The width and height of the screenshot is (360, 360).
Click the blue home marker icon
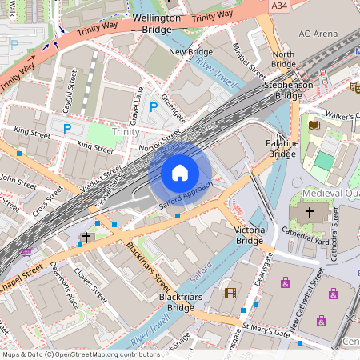tap(180, 173)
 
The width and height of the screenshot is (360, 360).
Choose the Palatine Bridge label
tap(282, 148)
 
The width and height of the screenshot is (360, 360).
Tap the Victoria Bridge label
tap(249, 235)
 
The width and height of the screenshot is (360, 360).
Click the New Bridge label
tap(190, 52)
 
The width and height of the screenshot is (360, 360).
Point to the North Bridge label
tap(283, 59)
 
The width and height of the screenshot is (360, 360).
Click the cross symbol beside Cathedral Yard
tap(310, 213)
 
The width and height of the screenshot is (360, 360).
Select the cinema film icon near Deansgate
tap(230, 294)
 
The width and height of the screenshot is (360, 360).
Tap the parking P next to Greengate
tap(154, 106)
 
